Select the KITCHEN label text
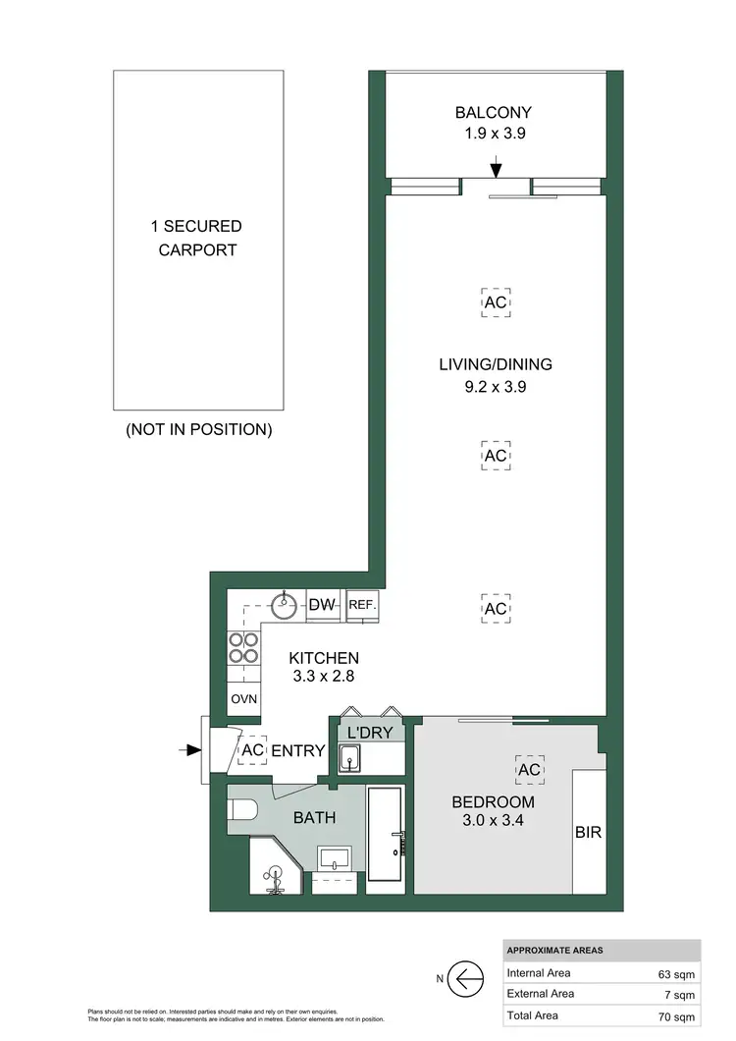click(323, 658)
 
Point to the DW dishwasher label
click(322, 606)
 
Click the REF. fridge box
click(362, 606)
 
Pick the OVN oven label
click(243, 699)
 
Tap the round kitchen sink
click(286, 605)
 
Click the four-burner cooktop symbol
click(243, 648)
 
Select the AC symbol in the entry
click(252, 750)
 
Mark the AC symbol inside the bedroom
click(529, 770)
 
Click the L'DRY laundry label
click(368, 733)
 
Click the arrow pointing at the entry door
click(187, 750)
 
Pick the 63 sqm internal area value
click(673, 974)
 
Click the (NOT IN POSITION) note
click(198, 429)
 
